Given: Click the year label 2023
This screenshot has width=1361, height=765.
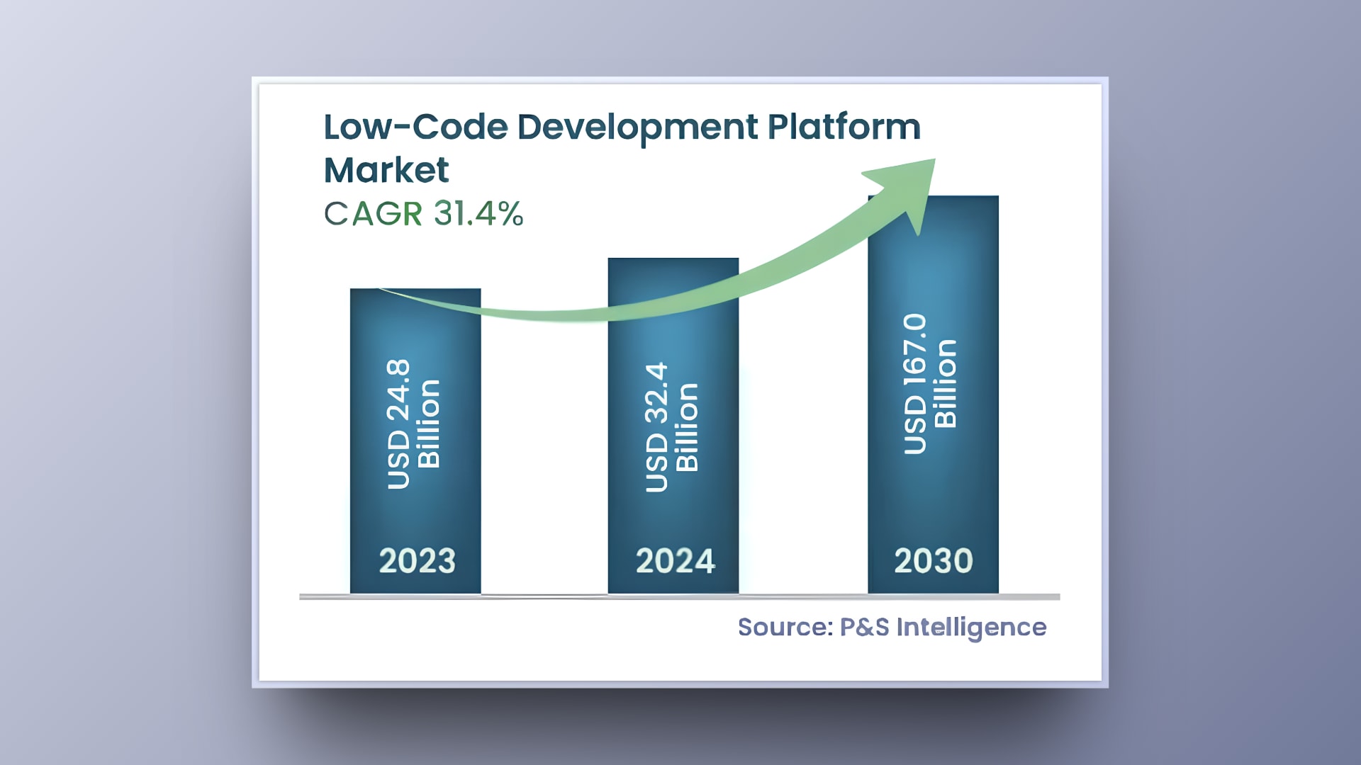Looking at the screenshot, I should (x=417, y=561).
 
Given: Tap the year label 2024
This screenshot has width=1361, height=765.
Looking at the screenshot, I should (x=675, y=561).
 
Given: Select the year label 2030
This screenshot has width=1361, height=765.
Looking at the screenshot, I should (x=933, y=561).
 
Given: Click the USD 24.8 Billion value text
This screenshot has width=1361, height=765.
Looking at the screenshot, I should (x=413, y=424).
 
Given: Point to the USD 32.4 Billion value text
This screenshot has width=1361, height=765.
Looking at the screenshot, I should (x=671, y=427).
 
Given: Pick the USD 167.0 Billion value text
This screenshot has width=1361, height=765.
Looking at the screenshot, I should (x=930, y=383).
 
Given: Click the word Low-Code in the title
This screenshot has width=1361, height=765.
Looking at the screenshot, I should (x=415, y=127).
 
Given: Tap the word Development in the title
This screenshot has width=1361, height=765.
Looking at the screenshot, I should (x=637, y=127).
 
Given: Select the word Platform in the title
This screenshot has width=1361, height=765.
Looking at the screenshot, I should (x=844, y=127).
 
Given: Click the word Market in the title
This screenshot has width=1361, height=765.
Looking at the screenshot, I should (x=386, y=171).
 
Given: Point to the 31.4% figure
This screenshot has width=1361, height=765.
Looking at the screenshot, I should (x=478, y=213).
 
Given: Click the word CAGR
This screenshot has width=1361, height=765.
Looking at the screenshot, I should (x=374, y=213).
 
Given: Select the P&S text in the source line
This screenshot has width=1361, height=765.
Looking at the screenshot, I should (x=864, y=627).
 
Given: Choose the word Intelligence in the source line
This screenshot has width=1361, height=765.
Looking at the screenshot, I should (x=971, y=628).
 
